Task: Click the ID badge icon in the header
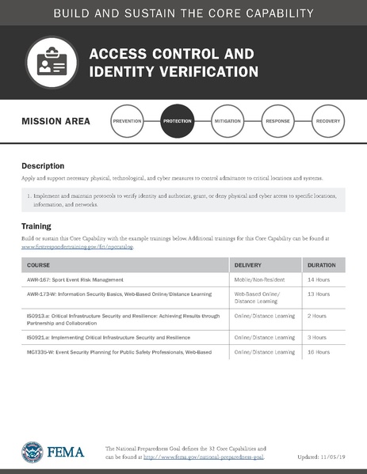pos(52,63)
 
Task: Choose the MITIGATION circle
pos(227,121)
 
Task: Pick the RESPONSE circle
pos(277,121)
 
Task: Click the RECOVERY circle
pos(328,121)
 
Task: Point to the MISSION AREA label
pos(56,121)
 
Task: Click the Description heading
pos(43,166)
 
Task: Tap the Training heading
pos(36,226)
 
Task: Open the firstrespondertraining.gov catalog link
pos(78,247)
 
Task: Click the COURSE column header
pos(39,265)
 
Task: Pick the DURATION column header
pos(321,265)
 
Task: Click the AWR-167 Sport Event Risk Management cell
pos(75,280)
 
